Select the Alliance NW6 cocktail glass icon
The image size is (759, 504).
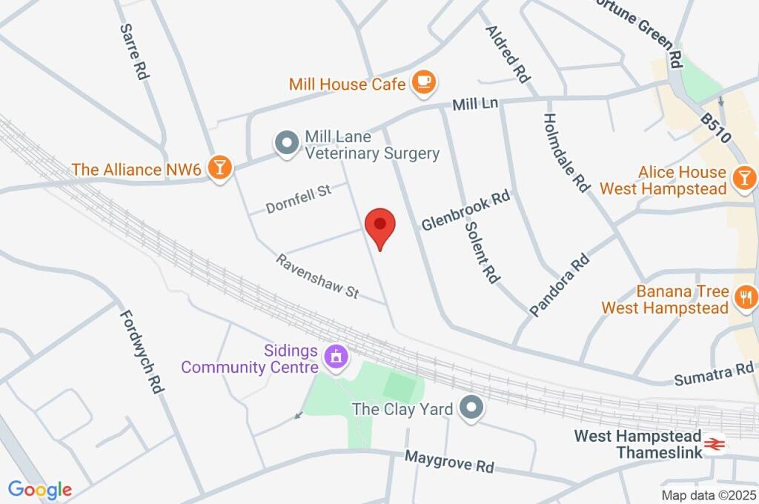tap(219, 168)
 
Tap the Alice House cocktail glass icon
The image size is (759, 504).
tap(743, 178)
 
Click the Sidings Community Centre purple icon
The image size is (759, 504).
tap(336, 357)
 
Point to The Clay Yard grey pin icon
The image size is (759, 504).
tap(471, 408)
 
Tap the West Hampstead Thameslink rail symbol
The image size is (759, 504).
tap(714, 443)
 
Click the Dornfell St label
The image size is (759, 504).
tap(299, 199)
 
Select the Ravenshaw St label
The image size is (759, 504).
tap(317, 276)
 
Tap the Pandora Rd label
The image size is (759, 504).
tap(560, 285)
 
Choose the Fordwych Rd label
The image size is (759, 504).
tap(141, 351)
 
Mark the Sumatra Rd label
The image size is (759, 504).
tap(713, 374)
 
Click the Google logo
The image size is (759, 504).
tap(40, 489)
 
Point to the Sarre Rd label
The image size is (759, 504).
tap(133, 50)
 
